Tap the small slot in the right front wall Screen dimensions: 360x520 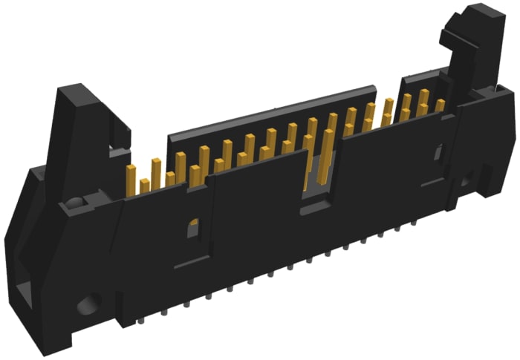tap(438, 153)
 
